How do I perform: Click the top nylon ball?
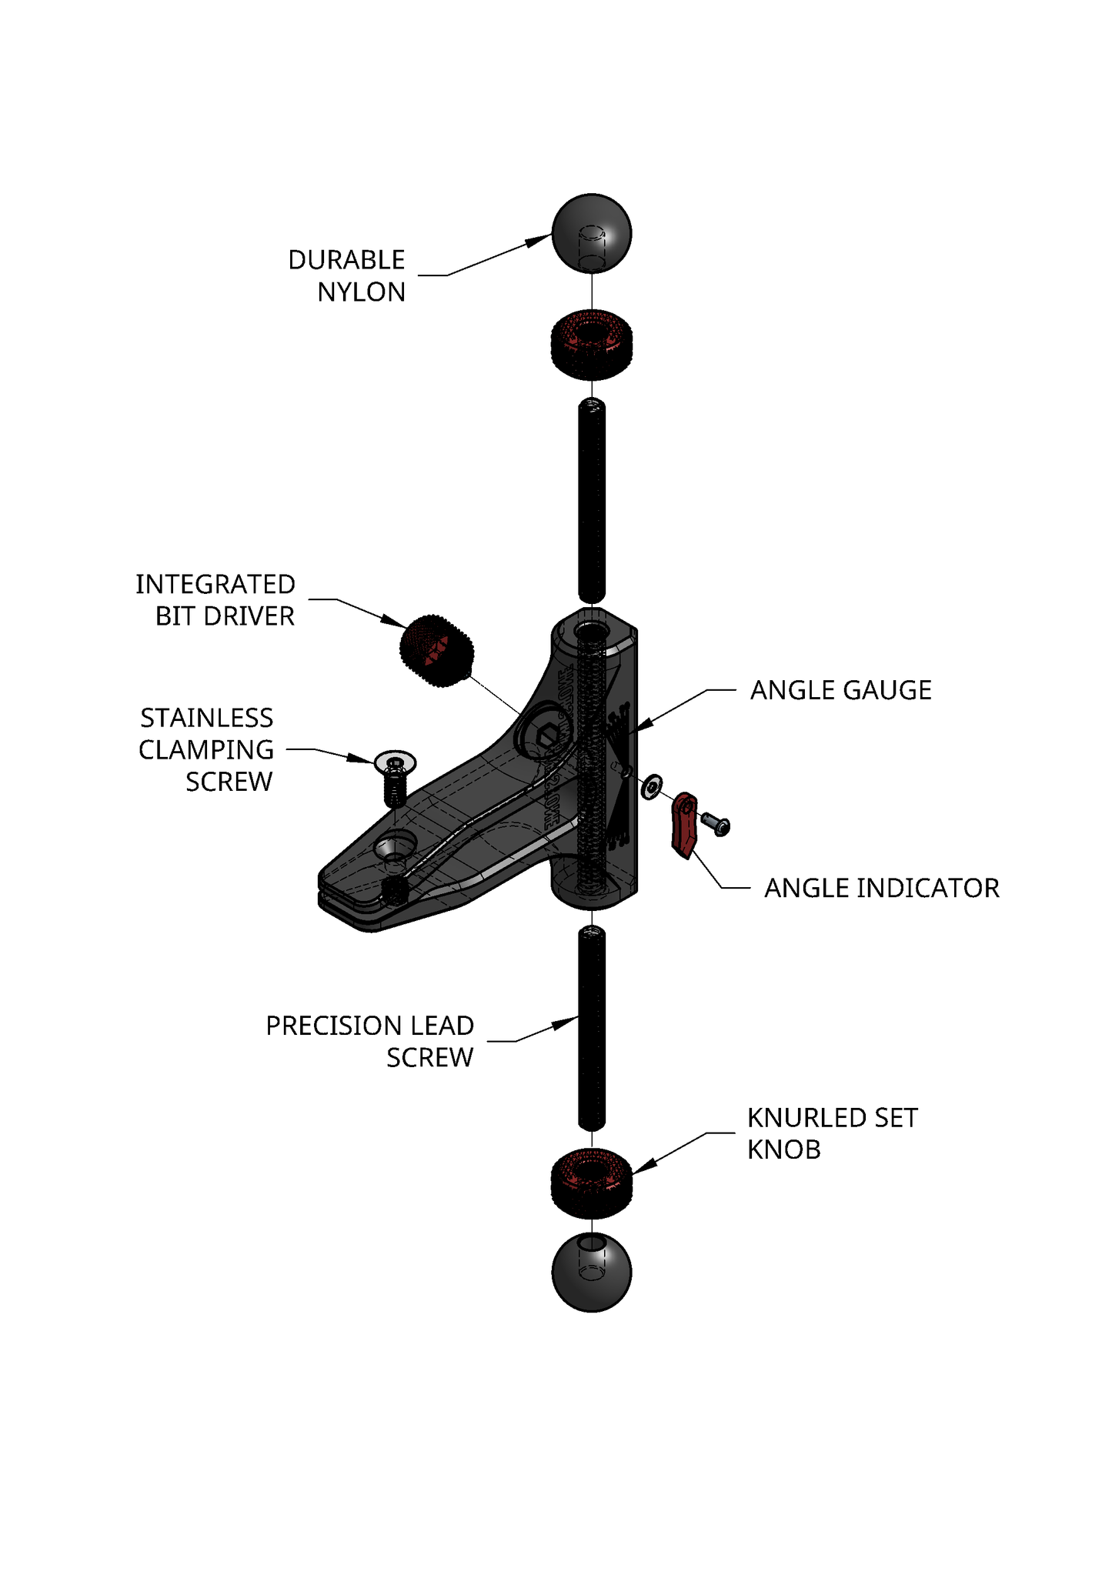[x=591, y=232]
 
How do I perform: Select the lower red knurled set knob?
[x=591, y=1183]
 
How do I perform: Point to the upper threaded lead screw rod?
[x=591, y=500]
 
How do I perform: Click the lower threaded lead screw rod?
[x=591, y=1029]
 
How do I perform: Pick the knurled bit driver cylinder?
[x=436, y=651]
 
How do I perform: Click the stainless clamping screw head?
[x=395, y=762]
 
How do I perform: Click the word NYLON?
[x=361, y=292]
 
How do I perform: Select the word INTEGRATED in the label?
[x=215, y=585]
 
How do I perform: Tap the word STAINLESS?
[x=206, y=718]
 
